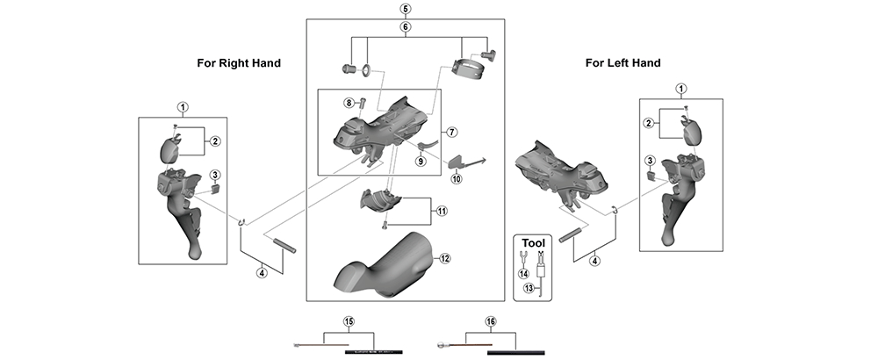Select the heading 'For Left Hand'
tap(623, 63)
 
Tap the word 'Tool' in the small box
tap(534, 242)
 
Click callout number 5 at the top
tap(405, 9)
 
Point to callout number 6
tap(405, 27)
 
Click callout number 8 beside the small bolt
tap(349, 103)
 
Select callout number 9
tap(421, 161)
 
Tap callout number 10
tap(456, 179)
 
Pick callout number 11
tap(441, 211)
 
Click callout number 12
tap(445, 258)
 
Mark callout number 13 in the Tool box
tap(528, 287)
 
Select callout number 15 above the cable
tap(349, 322)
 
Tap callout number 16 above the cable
tap(490, 322)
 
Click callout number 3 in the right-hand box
tap(214, 175)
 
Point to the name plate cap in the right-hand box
tap(170, 147)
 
